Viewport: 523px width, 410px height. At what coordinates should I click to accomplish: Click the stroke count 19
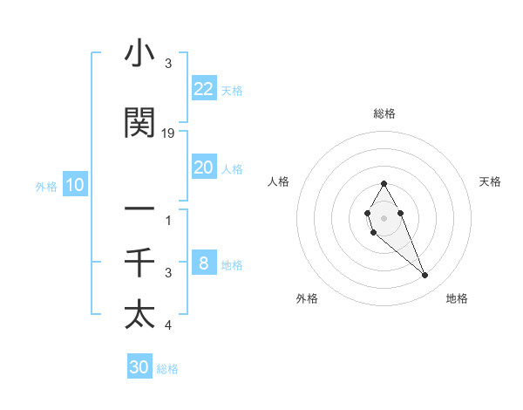[168, 133]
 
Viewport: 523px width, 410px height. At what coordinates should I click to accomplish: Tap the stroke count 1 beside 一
[168, 220]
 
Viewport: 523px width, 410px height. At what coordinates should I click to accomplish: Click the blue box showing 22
[204, 89]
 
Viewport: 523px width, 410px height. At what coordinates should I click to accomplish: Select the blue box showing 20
[204, 167]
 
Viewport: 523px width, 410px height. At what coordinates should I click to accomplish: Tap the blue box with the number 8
[204, 263]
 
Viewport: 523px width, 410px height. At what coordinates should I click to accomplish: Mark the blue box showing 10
[75, 185]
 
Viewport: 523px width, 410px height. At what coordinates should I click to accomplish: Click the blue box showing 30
[139, 367]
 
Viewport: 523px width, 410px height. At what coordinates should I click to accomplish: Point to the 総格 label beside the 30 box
[167, 369]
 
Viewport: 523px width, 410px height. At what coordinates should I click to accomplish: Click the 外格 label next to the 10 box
[46, 186]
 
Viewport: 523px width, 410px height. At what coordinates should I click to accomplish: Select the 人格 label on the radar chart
[279, 181]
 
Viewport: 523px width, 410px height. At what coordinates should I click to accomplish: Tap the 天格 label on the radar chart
[490, 181]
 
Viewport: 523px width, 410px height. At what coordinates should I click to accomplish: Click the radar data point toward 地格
[425, 276]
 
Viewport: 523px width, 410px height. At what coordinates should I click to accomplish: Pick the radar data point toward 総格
[384, 183]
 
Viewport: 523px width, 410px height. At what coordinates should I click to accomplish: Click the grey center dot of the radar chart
[384, 215]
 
